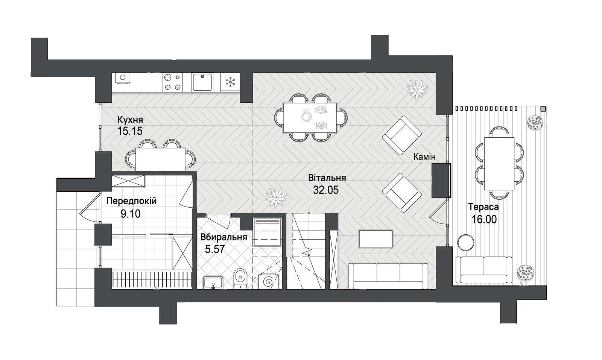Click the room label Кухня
130,120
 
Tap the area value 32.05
326,190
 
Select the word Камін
424,157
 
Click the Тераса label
483,207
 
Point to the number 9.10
130,214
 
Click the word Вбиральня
223,237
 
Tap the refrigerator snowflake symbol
230,82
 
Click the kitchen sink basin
202,82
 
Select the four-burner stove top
173,82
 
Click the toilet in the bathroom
240,279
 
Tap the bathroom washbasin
213,283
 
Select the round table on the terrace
465,242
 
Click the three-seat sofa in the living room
388,276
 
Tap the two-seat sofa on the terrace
484,269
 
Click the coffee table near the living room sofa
376,238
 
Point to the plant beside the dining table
417,90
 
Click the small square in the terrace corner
543,109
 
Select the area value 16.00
484,219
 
